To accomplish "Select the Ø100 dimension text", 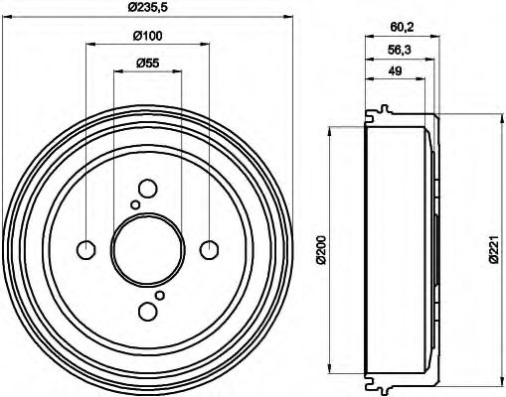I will [x=147, y=37].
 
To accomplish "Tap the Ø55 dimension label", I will [x=147, y=65].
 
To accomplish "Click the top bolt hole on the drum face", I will [x=147, y=188].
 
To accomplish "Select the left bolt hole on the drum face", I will [x=85, y=249].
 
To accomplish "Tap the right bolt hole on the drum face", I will [x=209, y=249].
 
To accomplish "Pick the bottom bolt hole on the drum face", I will [x=147, y=312].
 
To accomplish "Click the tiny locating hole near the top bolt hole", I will [x=135, y=204].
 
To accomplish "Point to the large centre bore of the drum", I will [x=147, y=249].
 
